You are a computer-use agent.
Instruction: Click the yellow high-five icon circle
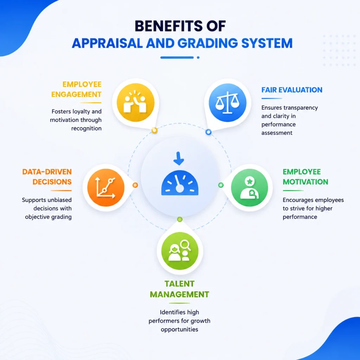(x=135, y=102)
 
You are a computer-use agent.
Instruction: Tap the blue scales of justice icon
(x=227, y=102)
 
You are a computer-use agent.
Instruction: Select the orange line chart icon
(x=106, y=187)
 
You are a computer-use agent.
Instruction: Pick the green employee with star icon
(x=250, y=187)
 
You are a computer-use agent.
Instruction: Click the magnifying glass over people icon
(x=180, y=251)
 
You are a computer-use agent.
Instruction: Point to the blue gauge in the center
(x=180, y=183)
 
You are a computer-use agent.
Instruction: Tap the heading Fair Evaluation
(x=292, y=90)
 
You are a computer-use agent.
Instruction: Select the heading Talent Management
(x=180, y=289)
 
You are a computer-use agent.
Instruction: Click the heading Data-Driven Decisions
(x=47, y=177)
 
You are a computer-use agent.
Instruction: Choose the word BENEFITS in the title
(x=169, y=26)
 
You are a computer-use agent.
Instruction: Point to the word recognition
(x=86, y=128)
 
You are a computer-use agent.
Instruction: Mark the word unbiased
(x=59, y=200)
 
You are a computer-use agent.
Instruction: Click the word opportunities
(x=180, y=329)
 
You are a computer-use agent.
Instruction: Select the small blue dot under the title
(x=198, y=58)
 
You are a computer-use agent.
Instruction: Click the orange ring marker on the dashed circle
(x=135, y=185)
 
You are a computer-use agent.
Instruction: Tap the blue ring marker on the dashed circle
(x=208, y=132)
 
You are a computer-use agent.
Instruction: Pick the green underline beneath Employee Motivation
(x=293, y=190)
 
